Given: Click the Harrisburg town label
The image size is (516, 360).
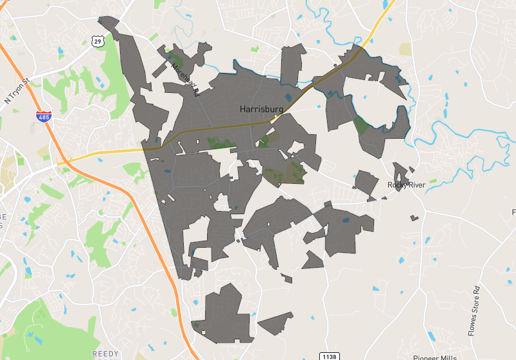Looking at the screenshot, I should coord(261,109).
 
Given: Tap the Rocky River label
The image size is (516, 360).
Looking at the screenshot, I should coord(406,185).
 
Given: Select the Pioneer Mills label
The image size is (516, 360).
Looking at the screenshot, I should coord(435,357).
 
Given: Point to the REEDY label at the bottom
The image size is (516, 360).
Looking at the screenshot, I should coord(106,354).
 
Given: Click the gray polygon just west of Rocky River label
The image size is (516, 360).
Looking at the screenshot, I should coord(367,184).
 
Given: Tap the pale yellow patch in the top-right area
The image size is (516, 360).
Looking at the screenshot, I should coord(405,50).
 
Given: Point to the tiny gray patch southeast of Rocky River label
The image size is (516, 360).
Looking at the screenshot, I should coord(415,217).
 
